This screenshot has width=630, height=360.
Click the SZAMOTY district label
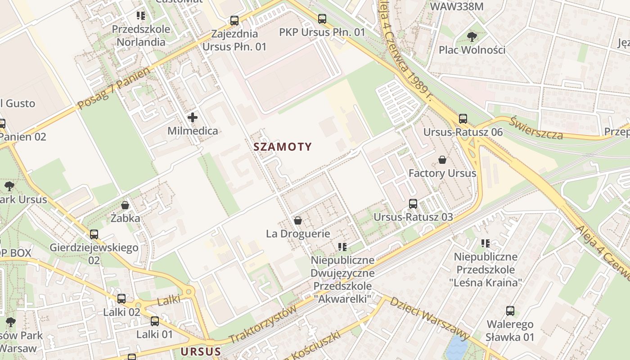[x=283, y=147]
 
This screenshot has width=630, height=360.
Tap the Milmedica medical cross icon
[x=193, y=118]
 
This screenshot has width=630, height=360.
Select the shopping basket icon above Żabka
[x=125, y=205]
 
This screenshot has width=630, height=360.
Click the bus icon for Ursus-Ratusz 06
[x=463, y=119]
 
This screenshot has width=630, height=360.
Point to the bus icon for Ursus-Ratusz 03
[x=413, y=204]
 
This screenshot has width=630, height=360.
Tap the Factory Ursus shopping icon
[x=442, y=160]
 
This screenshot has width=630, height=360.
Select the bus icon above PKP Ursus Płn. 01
[x=322, y=19]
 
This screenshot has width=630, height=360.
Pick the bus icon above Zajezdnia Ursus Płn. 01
[x=234, y=21]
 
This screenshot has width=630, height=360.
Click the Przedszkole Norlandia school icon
[x=141, y=16]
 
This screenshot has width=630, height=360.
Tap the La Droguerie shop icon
[x=297, y=220]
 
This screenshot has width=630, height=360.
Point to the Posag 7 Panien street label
[x=113, y=89]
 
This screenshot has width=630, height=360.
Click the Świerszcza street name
[x=536, y=128]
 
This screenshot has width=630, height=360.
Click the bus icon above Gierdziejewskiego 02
[x=94, y=234]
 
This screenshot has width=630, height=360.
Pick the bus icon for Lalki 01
[x=155, y=321]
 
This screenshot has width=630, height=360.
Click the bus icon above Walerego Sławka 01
[x=510, y=311]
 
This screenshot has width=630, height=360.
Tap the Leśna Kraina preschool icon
[x=486, y=243]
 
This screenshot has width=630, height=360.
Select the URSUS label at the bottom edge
[x=201, y=351]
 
